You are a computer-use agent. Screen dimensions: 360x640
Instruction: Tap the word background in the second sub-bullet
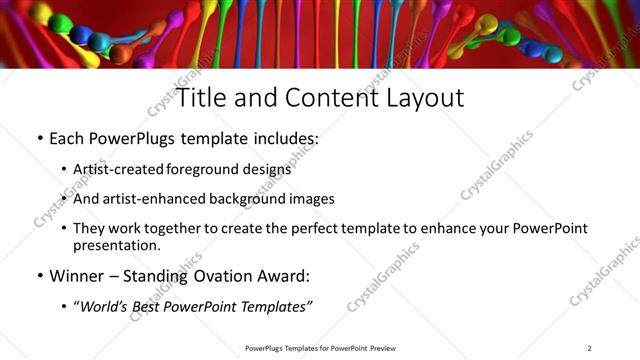click(249, 199)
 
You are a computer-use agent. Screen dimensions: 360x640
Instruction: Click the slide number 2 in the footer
click(590, 348)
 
